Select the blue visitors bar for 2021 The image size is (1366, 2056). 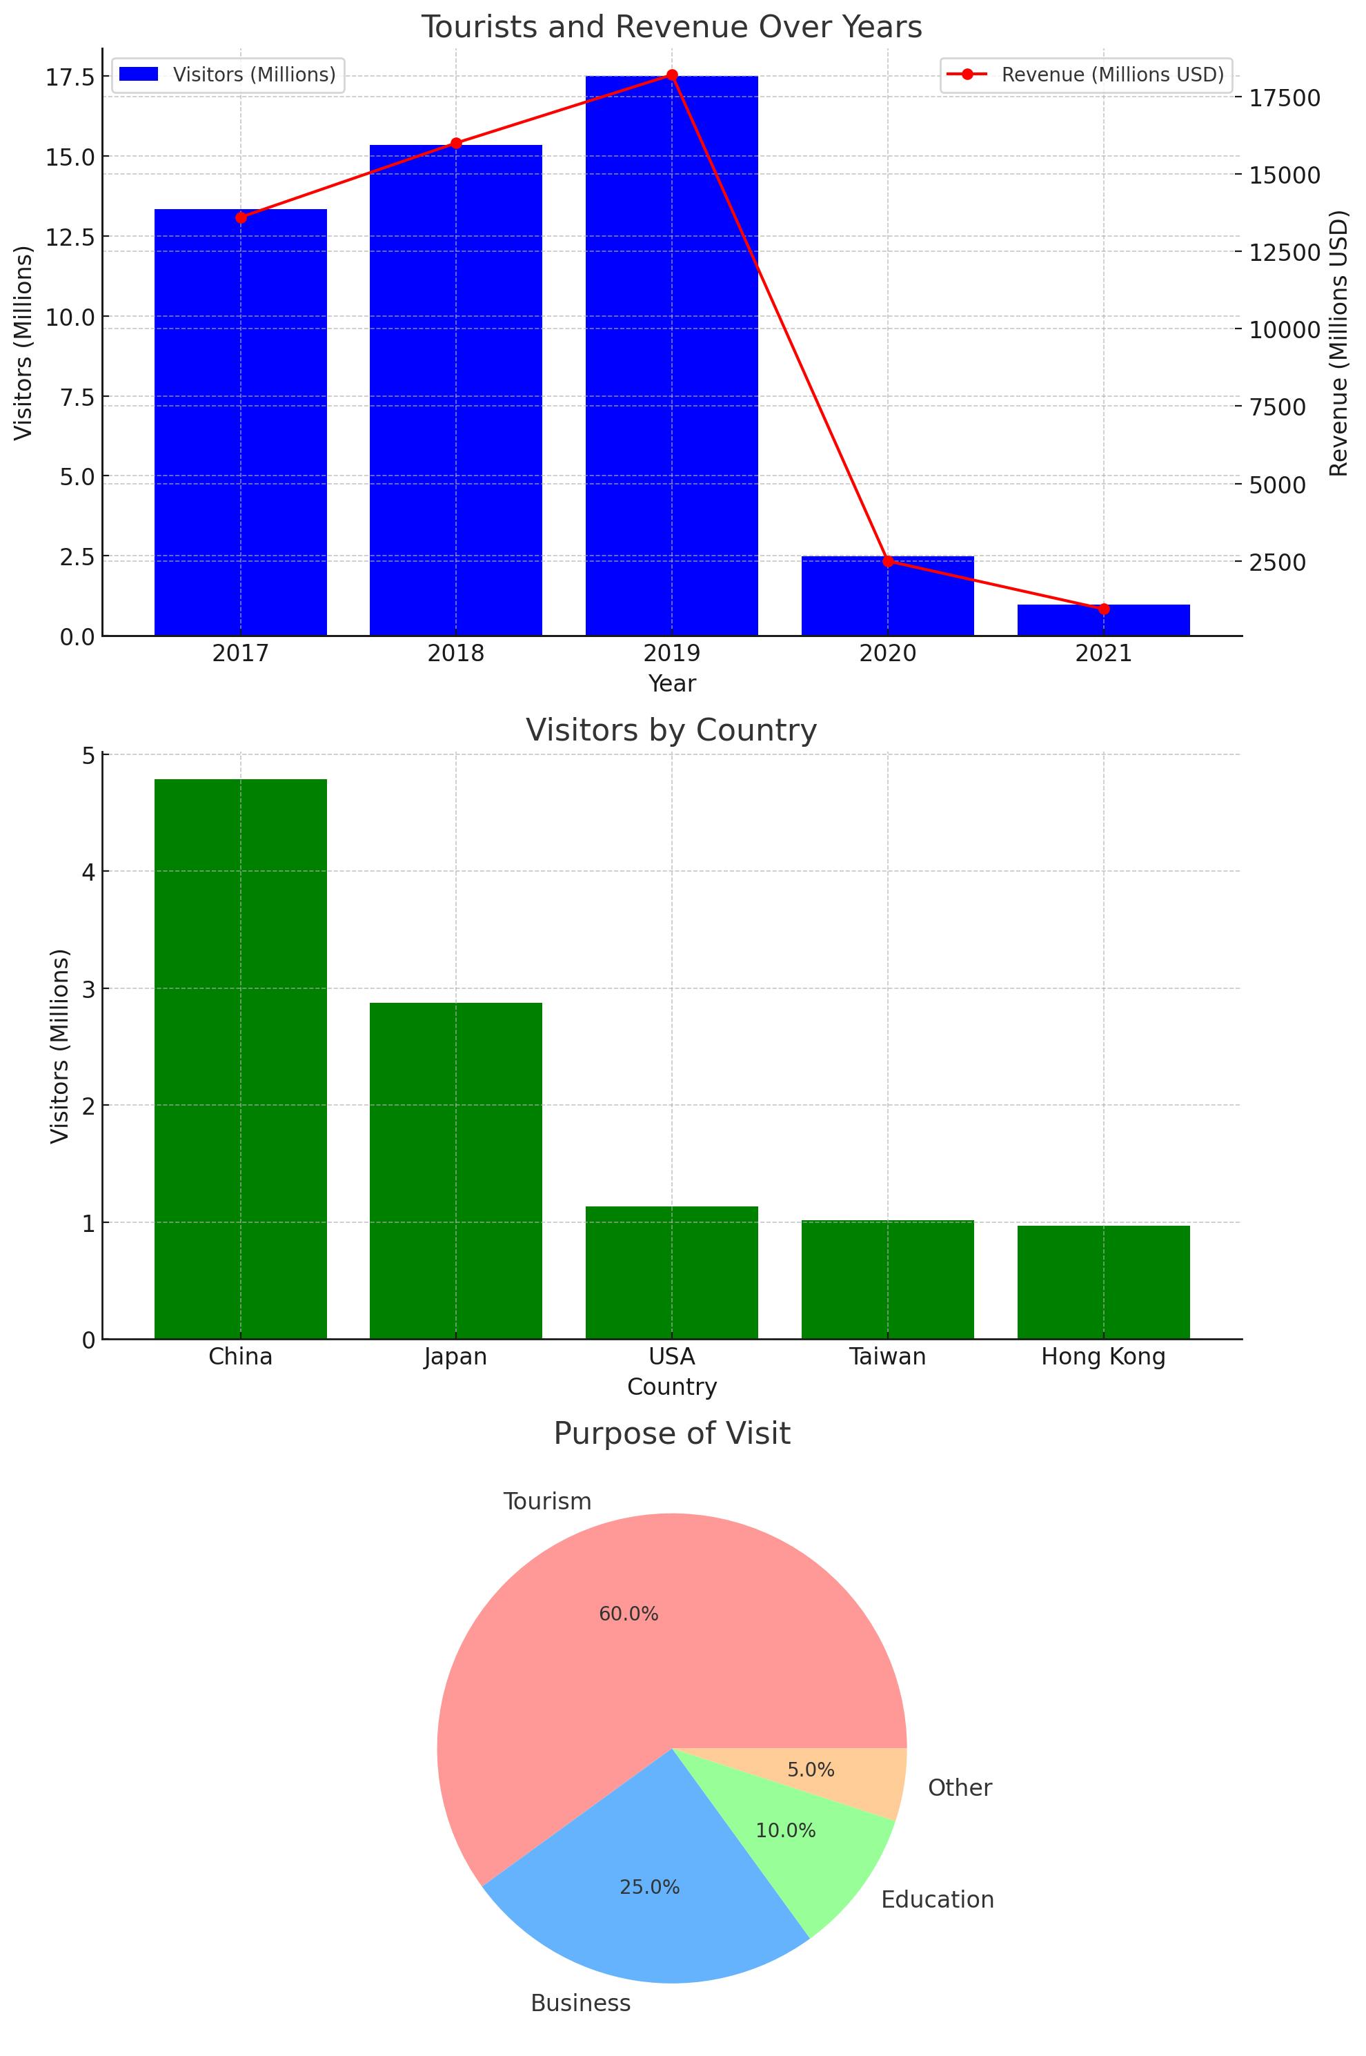point(1103,620)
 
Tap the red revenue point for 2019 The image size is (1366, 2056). point(672,75)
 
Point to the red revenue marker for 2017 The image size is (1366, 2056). point(241,217)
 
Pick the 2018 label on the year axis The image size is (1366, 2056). point(455,653)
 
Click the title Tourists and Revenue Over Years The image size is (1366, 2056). point(672,27)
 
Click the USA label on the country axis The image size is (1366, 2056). point(672,1357)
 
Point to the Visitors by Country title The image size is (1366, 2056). point(672,730)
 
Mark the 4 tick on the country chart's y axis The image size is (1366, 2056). point(88,872)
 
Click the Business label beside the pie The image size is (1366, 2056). point(580,2004)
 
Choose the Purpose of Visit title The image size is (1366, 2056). point(672,1433)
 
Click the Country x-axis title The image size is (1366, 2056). point(672,1387)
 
